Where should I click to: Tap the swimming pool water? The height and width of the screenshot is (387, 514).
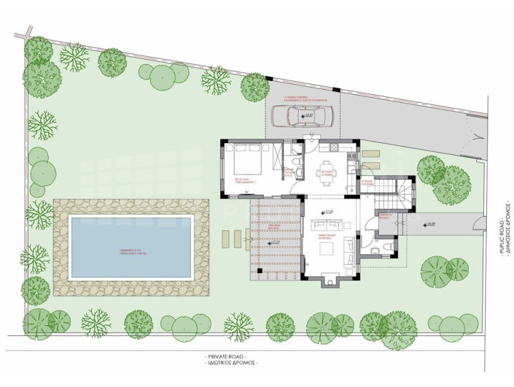tap(130, 248)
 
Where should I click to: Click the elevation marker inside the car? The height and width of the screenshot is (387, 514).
tap(307, 115)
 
